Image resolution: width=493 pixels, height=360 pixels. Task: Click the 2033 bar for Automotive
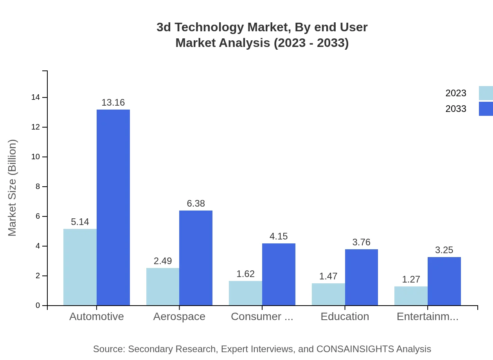tap(113, 207)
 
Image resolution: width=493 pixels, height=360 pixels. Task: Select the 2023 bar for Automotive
tap(80, 267)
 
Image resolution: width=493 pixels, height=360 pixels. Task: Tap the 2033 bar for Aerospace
tap(196, 258)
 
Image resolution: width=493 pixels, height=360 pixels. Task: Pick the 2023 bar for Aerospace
tap(163, 286)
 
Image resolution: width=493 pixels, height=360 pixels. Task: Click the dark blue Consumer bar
tap(279, 274)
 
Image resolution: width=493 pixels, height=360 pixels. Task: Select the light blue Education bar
tap(328, 294)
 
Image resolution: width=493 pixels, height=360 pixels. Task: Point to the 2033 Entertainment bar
tap(444, 281)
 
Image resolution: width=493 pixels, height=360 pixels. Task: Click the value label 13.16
tap(113, 103)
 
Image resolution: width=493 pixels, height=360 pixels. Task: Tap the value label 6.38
tap(196, 203)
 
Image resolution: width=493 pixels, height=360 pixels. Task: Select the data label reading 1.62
tap(245, 274)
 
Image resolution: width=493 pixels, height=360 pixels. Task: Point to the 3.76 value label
tap(361, 242)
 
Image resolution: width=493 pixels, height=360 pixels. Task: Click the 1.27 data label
tap(411, 279)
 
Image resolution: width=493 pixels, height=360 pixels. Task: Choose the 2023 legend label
tap(456, 93)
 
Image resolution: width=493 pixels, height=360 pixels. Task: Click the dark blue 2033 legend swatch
tap(486, 109)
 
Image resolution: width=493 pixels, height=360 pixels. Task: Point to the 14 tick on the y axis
tap(36, 97)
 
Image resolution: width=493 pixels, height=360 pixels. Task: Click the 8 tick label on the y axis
tap(38, 187)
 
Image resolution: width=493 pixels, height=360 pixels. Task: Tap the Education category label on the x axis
tap(345, 317)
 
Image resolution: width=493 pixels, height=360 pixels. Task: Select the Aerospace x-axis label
tap(179, 317)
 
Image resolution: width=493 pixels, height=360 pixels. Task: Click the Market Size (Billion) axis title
tap(12, 188)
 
